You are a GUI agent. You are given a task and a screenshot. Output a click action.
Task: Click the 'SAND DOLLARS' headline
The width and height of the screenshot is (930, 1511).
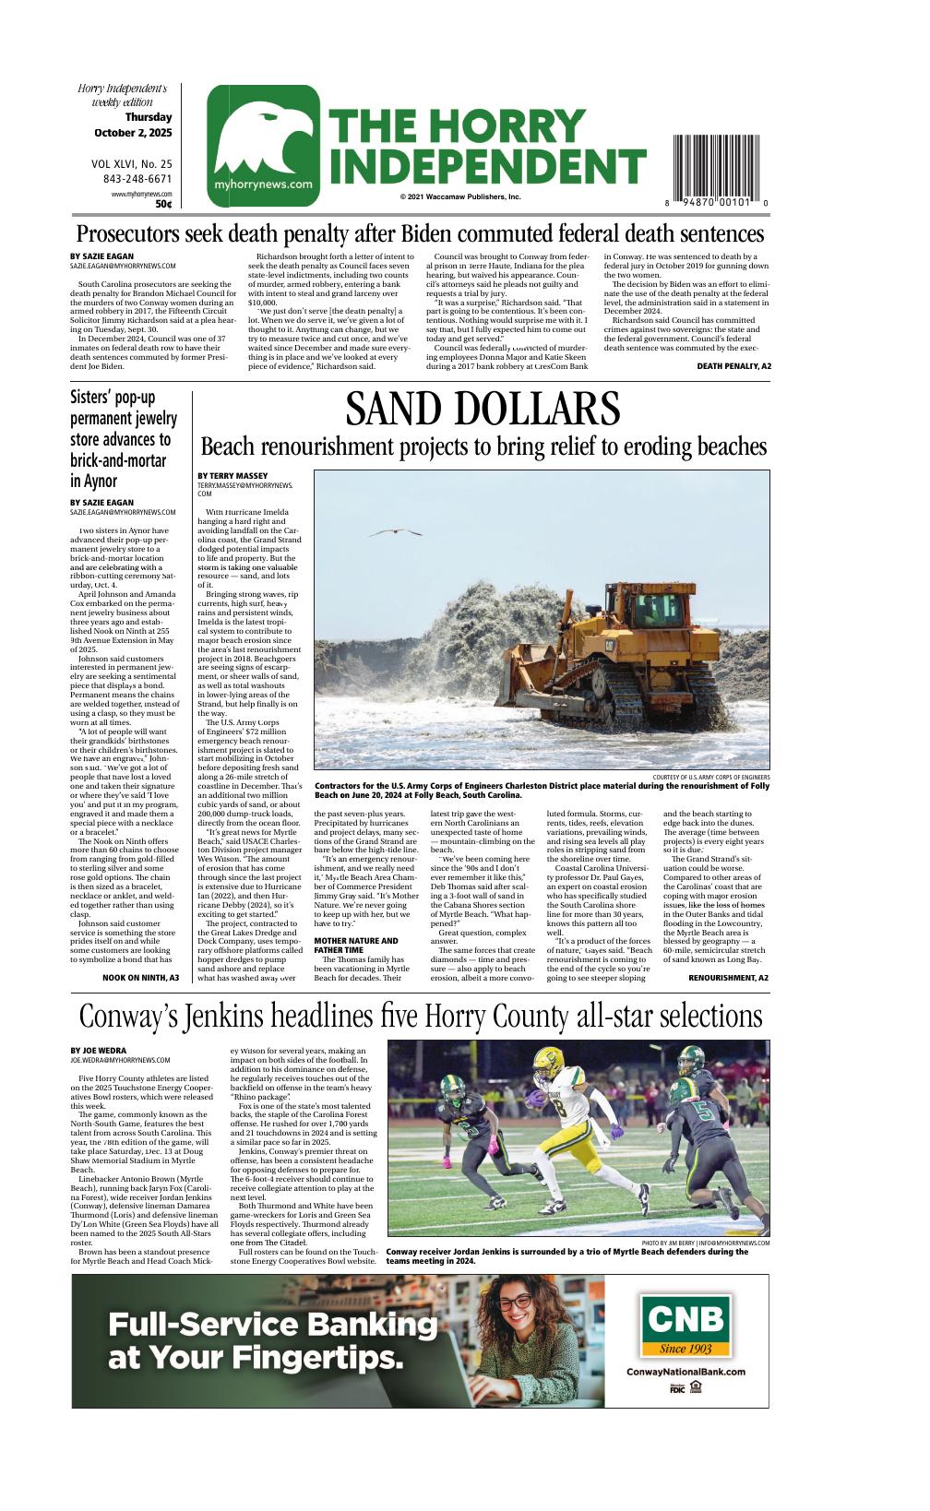(x=483, y=410)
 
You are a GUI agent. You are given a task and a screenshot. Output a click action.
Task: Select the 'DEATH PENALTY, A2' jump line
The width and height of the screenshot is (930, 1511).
(x=733, y=366)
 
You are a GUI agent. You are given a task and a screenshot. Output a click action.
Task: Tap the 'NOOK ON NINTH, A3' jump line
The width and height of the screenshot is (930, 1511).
(x=140, y=977)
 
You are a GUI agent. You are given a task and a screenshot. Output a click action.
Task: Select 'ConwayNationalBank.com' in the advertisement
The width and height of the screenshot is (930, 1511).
(x=686, y=1372)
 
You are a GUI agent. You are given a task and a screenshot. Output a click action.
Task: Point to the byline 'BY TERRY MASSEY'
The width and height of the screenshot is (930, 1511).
(x=232, y=476)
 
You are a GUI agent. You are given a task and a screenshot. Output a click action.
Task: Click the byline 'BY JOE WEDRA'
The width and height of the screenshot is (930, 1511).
(x=99, y=1051)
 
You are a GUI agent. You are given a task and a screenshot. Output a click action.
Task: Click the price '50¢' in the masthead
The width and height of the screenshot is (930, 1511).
(x=163, y=204)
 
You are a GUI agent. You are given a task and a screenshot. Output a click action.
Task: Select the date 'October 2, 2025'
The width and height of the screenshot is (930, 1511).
(x=133, y=133)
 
